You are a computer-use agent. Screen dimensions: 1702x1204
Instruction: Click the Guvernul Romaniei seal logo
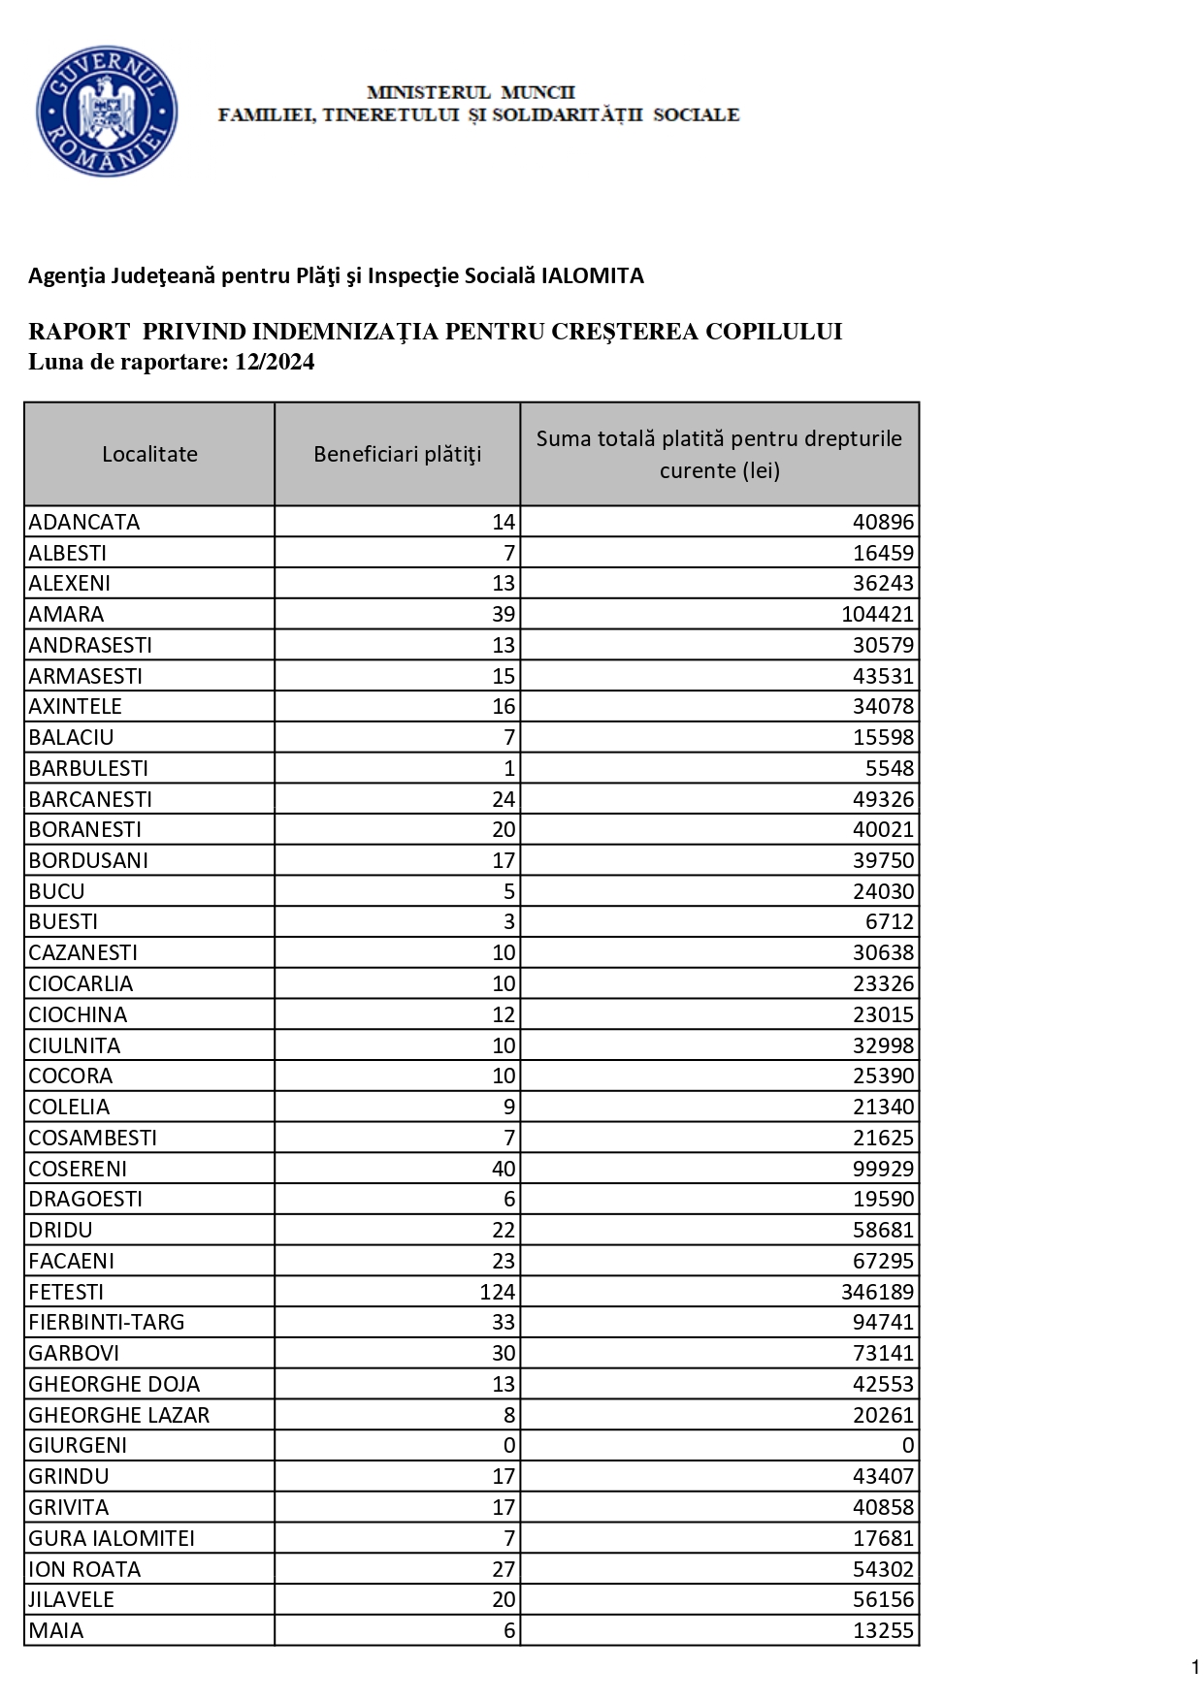(107, 112)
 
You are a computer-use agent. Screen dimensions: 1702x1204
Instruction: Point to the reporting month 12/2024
(275, 363)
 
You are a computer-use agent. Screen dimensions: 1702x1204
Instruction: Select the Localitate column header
(149, 454)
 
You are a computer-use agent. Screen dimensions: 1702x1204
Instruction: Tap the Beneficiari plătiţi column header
(397, 454)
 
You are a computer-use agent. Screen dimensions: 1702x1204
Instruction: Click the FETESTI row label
(66, 1292)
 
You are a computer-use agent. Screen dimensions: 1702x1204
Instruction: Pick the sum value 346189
(877, 1292)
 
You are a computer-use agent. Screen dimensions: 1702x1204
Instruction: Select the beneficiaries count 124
(497, 1292)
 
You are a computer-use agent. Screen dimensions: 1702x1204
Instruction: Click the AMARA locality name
(66, 614)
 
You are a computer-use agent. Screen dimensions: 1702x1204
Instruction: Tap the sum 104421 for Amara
(877, 614)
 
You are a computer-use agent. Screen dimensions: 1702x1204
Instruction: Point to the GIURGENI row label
(78, 1445)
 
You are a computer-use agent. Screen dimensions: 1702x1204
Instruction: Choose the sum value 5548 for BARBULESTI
(890, 768)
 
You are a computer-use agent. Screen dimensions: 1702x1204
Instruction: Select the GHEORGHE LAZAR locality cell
(118, 1415)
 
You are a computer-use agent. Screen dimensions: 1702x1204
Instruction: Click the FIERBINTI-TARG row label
(106, 1322)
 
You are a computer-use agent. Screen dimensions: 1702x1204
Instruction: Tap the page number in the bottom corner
(1195, 1667)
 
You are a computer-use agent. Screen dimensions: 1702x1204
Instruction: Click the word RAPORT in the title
(80, 332)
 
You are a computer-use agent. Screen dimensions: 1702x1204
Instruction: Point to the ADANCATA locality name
(84, 522)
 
